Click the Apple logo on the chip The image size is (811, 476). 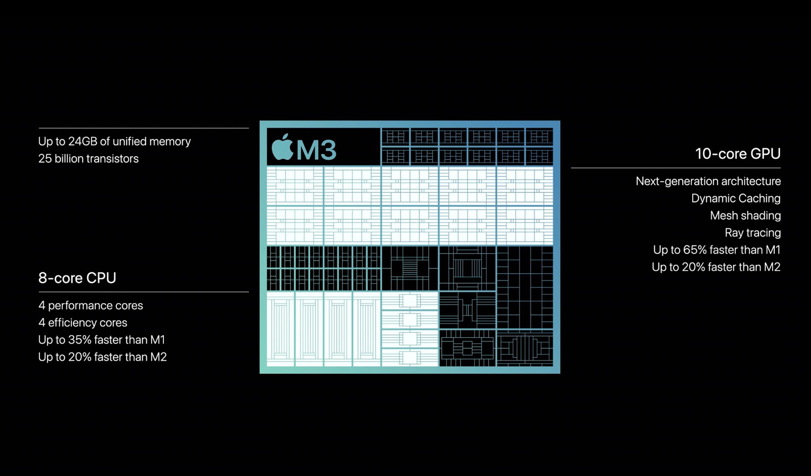[x=282, y=147]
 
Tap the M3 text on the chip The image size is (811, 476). [x=316, y=149]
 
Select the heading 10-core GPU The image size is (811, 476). [x=738, y=154]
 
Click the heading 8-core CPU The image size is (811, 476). [x=77, y=278]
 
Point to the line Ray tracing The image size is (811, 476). [x=753, y=232]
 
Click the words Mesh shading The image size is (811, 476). [x=746, y=215]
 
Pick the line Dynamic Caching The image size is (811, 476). [x=736, y=198]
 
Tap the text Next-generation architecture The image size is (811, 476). [x=708, y=181]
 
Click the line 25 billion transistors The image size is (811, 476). [x=88, y=158]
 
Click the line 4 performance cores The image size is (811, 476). [x=90, y=305]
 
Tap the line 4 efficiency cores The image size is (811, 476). [x=83, y=322]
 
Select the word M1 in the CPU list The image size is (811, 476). [x=157, y=340]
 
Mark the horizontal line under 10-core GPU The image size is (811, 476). [x=676, y=168]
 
